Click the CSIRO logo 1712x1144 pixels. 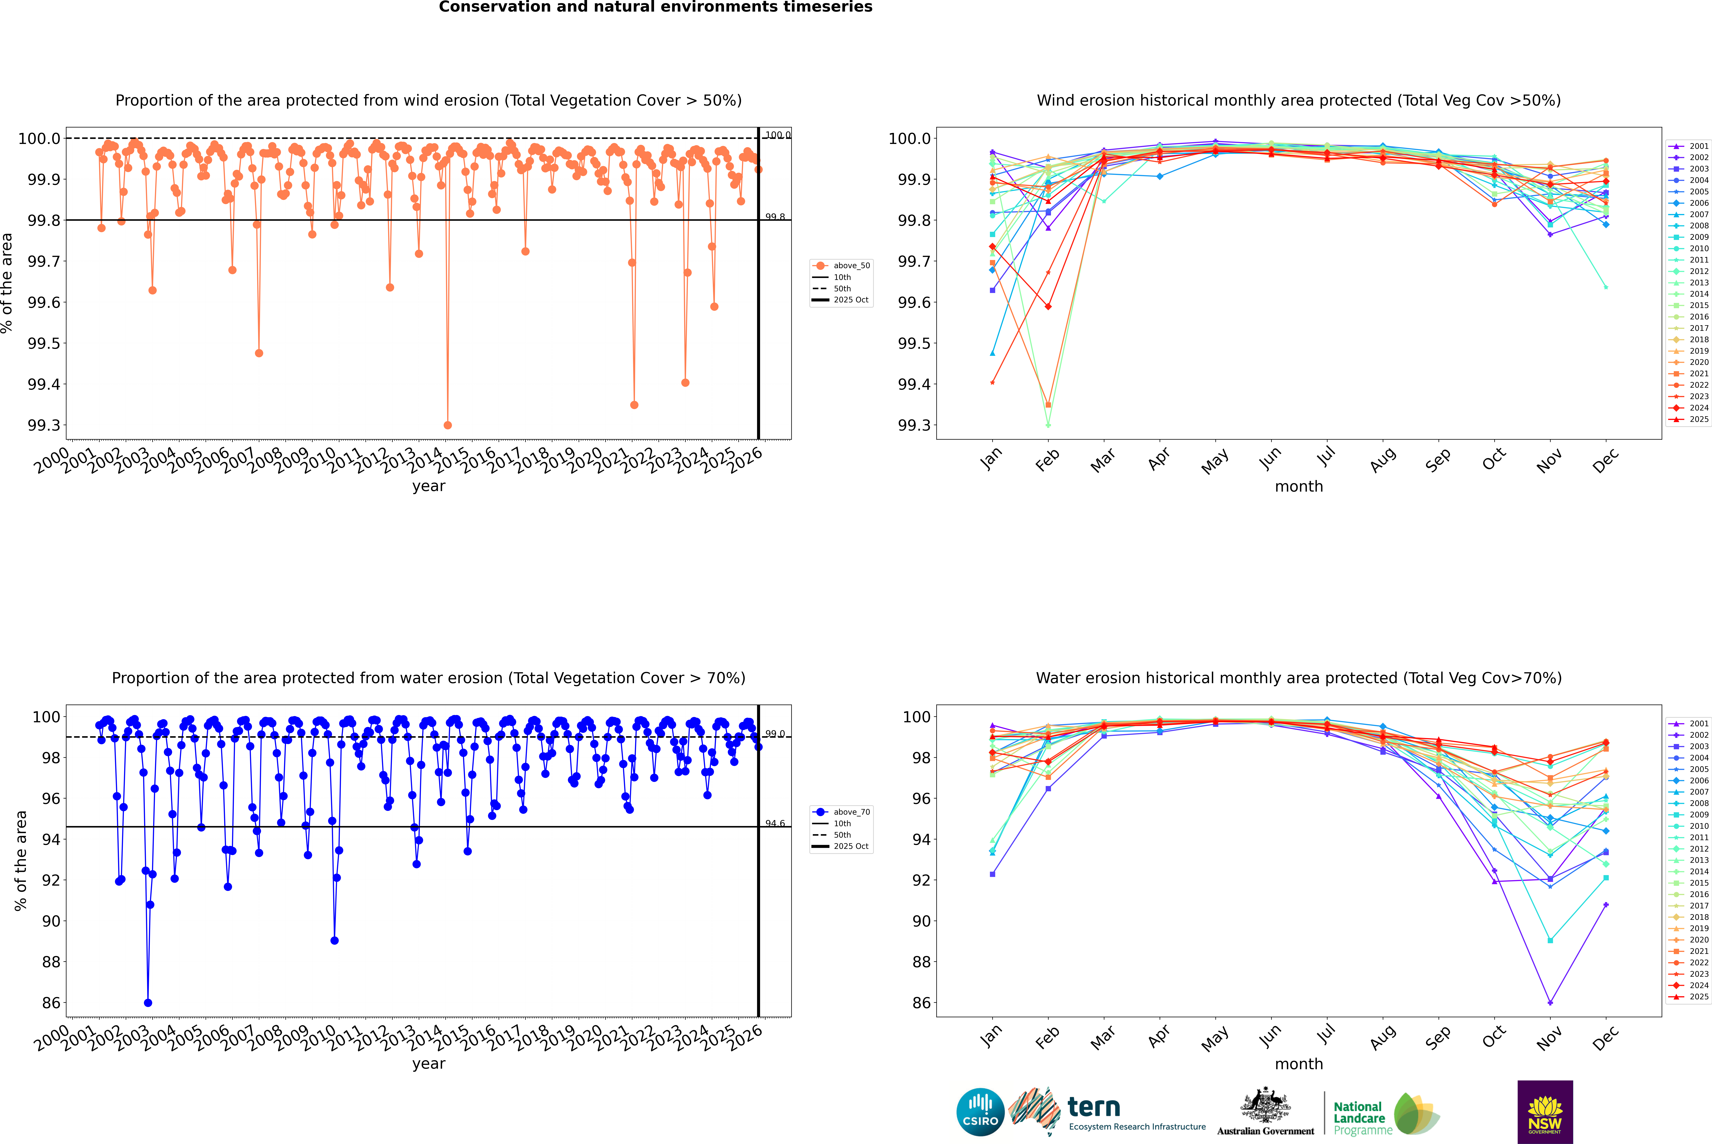pyautogui.click(x=980, y=1112)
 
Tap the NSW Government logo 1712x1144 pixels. pyautogui.click(x=1545, y=1112)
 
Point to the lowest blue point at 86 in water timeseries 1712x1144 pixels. pyautogui.click(x=148, y=1002)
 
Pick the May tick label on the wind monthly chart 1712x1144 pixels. pyautogui.click(x=1215, y=461)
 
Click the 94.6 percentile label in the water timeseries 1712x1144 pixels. pyautogui.click(x=775, y=824)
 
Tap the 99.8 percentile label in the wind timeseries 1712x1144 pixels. pyautogui.click(x=775, y=217)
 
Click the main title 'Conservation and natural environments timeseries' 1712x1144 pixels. pyautogui.click(x=655, y=7)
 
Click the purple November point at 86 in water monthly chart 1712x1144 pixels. pyautogui.click(x=1550, y=1002)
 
